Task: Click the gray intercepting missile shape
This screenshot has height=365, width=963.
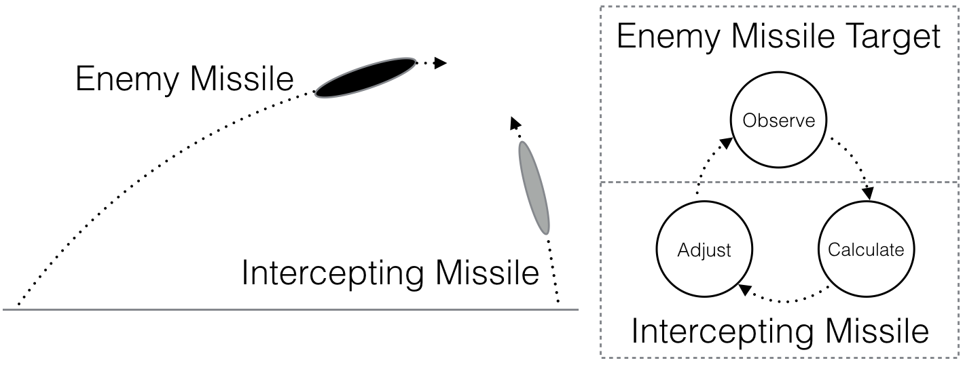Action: click(533, 187)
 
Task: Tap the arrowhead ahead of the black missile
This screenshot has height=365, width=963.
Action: click(440, 63)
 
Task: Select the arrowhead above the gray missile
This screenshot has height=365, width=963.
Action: click(515, 122)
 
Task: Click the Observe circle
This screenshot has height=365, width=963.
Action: click(778, 121)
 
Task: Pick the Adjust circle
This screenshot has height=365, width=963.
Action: click(704, 250)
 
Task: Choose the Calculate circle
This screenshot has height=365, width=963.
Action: click(866, 250)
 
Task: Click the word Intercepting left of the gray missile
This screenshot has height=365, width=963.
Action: click(333, 275)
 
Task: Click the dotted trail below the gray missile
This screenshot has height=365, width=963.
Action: click(554, 271)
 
